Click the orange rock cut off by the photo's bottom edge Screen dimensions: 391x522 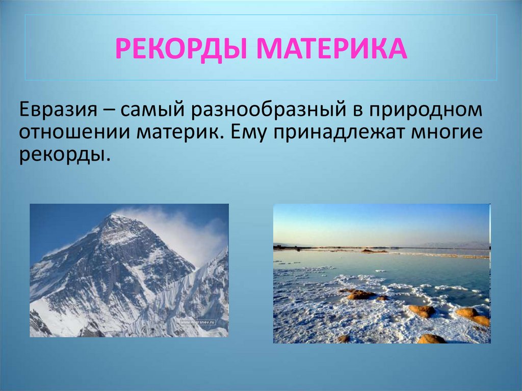pyautogui.click(x=431, y=339)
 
